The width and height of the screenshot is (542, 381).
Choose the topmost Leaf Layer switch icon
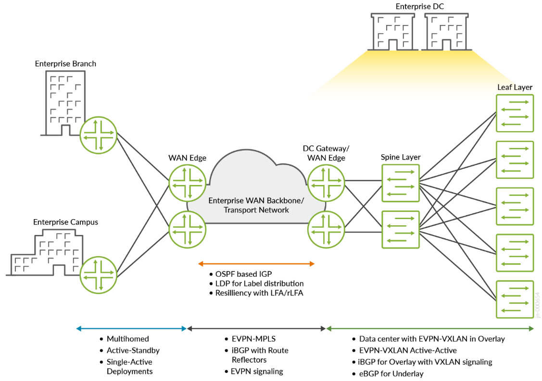[514, 113]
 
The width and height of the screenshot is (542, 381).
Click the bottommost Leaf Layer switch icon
[514, 299]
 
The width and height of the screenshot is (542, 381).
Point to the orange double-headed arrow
[256, 263]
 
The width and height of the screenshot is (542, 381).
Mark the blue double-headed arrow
[131, 329]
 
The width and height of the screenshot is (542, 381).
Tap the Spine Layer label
[401, 157]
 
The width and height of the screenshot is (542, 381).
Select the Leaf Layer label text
[515, 87]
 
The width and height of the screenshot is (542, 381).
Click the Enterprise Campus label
[65, 222]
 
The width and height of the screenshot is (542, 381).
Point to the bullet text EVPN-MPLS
[253, 339]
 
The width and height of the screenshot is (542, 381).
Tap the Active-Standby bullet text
[133, 350]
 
